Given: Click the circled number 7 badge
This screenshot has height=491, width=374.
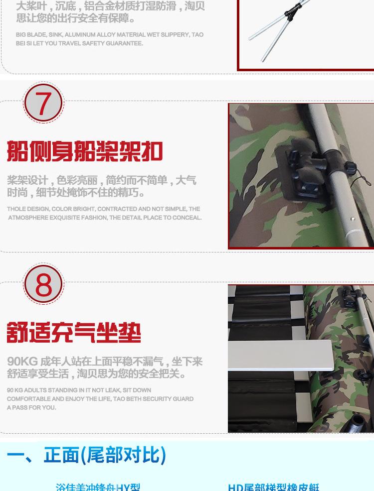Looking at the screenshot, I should coord(43,104).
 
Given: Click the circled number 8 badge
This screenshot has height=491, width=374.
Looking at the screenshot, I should coord(43,284).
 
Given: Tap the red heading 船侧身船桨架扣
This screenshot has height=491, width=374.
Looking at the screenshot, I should coord(85,151).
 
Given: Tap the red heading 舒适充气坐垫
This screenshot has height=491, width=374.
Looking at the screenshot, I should coord(74,332).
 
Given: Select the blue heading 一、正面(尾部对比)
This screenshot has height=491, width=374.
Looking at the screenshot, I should coord(86,455).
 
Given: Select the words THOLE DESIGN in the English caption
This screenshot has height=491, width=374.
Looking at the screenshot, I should coord(28,209).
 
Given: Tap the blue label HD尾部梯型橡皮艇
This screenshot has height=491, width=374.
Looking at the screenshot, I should coord(273,487).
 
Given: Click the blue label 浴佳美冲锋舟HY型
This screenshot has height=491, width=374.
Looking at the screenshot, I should coord(98,487).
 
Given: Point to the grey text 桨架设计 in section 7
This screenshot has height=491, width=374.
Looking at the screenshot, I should coord(27,180).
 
